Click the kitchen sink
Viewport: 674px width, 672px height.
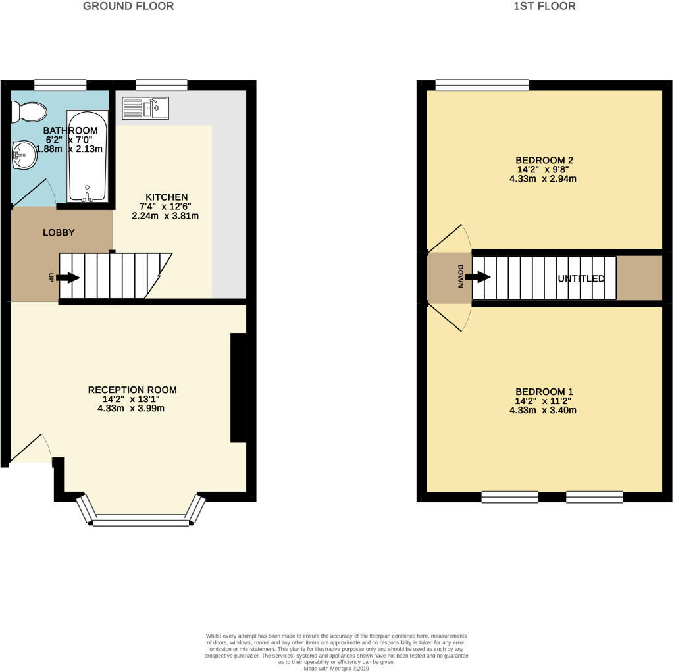tap(145, 108)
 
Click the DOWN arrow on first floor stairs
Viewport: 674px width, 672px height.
tap(480, 277)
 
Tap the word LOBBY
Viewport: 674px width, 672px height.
tap(59, 232)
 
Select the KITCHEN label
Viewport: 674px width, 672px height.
tap(167, 197)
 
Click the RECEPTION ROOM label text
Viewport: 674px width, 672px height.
tap(132, 390)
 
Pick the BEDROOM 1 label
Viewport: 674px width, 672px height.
tap(544, 392)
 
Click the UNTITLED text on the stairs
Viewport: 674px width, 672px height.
tap(581, 279)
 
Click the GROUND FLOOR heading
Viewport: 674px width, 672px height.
tap(128, 7)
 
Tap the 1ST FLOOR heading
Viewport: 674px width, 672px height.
tap(544, 7)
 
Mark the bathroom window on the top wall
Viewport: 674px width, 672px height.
tap(61, 84)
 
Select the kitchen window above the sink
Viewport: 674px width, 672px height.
tap(161, 84)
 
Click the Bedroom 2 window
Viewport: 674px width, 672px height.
tap(482, 84)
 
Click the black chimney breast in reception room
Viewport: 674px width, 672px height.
tap(238, 388)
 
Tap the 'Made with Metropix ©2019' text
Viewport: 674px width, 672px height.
tap(336, 668)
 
